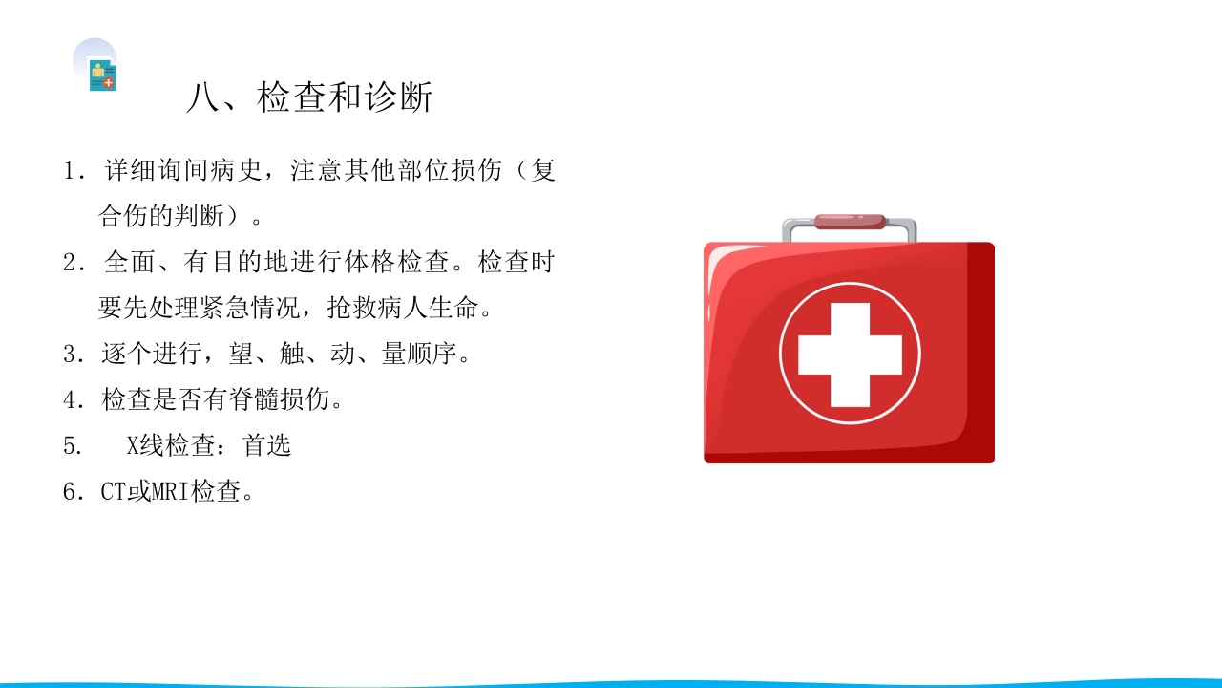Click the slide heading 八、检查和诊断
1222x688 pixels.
tap(309, 97)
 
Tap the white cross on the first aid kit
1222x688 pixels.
tap(850, 354)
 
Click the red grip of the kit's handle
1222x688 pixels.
tap(850, 222)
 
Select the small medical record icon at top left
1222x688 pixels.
tap(102, 75)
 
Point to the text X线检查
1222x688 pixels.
tap(177, 445)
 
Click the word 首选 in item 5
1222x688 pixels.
tap(266, 445)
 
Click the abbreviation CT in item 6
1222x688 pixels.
tap(113, 492)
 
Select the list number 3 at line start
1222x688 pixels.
tap(70, 355)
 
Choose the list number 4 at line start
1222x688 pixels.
tap(70, 400)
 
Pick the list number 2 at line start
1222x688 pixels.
tap(70, 263)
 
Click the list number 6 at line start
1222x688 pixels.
tap(70, 492)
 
